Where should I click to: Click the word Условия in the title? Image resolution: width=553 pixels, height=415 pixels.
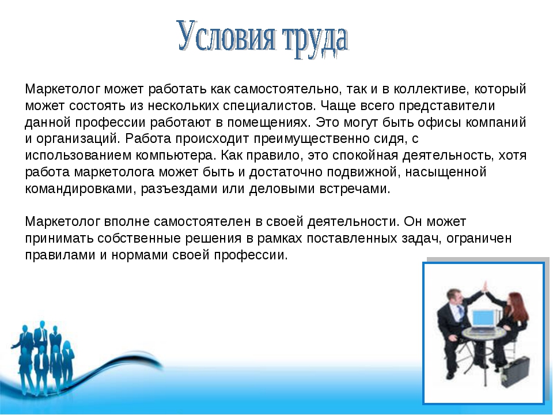click(x=226, y=36)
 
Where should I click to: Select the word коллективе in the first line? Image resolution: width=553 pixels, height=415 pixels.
click(x=431, y=89)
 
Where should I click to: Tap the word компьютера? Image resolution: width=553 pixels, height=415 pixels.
click(x=176, y=156)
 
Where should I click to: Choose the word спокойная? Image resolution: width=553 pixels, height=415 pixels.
click(x=365, y=156)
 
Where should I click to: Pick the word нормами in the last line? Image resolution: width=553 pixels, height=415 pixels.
click(x=139, y=255)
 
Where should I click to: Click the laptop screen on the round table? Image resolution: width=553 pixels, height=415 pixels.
click(x=484, y=319)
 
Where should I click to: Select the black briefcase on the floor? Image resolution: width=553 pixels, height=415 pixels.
click(x=516, y=371)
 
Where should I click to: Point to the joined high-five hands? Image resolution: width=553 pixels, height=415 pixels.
click(x=486, y=285)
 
